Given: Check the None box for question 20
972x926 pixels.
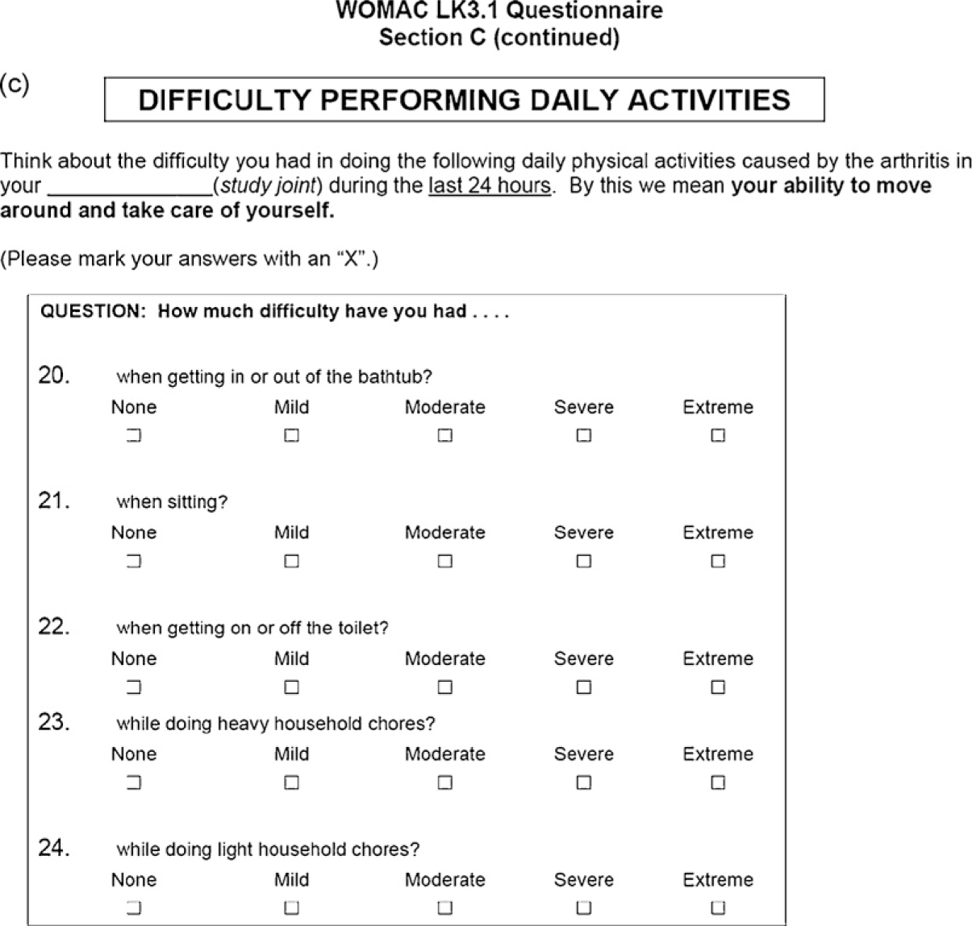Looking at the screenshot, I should click(134, 435).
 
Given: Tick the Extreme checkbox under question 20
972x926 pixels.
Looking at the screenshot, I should click(718, 435).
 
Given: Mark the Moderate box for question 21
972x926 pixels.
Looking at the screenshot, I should click(444, 561).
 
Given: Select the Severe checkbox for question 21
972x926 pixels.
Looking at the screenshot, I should click(584, 561).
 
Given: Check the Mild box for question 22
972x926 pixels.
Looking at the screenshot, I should click(291, 687).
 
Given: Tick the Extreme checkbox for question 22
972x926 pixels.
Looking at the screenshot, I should click(718, 687).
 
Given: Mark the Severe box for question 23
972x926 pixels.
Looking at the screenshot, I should click(584, 783).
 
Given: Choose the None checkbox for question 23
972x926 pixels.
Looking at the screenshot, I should click(134, 783).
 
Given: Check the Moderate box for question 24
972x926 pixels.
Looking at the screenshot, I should click(444, 908).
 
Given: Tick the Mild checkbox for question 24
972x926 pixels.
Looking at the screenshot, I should click(291, 908).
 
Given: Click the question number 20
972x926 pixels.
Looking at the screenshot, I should click(54, 376).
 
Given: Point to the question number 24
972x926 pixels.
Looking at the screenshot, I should click(54, 848).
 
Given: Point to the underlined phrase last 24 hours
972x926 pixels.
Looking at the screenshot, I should click(490, 185).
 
